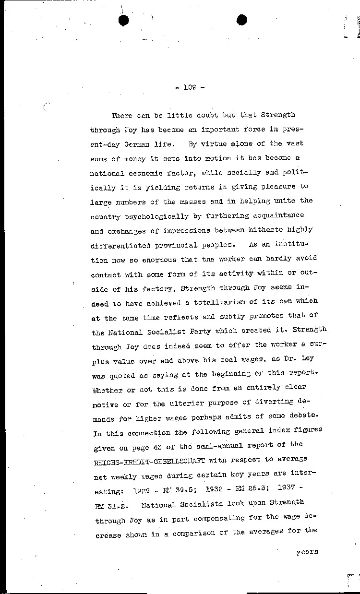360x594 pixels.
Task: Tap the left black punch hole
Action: tap(124, 20)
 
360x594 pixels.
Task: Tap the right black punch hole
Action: tap(242, 20)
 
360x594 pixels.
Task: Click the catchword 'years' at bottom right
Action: tap(307, 552)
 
